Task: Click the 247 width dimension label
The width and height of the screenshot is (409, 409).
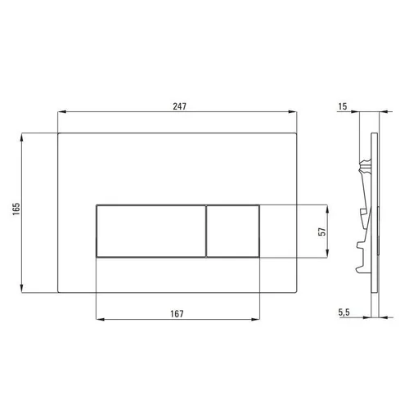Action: pos(179,106)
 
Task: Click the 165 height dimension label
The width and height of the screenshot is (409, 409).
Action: pos(16,209)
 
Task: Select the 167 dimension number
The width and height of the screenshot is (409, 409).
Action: pos(178,314)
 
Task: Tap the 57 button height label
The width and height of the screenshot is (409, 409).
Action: pos(322,231)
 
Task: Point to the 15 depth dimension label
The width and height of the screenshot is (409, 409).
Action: pos(343,106)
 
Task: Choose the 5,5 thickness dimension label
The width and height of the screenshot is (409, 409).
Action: pos(344,312)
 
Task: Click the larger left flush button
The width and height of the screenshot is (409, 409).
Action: pos(151,231)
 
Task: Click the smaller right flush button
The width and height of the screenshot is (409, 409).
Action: pos(233,231)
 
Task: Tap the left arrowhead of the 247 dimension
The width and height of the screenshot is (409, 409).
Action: pos(62,111)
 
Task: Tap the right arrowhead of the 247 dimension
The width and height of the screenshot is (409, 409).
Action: pos(293,111)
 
